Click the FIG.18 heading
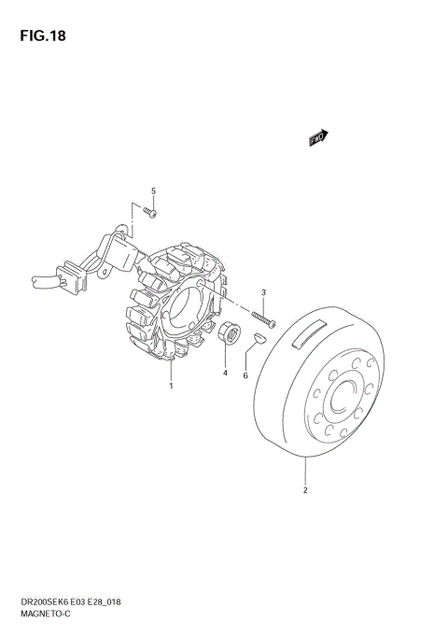(x=43, y=35)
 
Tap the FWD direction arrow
(x=318, y=137)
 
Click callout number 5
(x=153, y=191)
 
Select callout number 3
(x=263, y=292)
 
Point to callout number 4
(x=225, y=373)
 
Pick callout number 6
(x=245, y=375)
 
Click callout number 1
(x=171, y=386)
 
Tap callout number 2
(x=305, y=490)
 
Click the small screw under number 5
(x=150, y=212)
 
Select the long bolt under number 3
(x=263, y=318)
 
